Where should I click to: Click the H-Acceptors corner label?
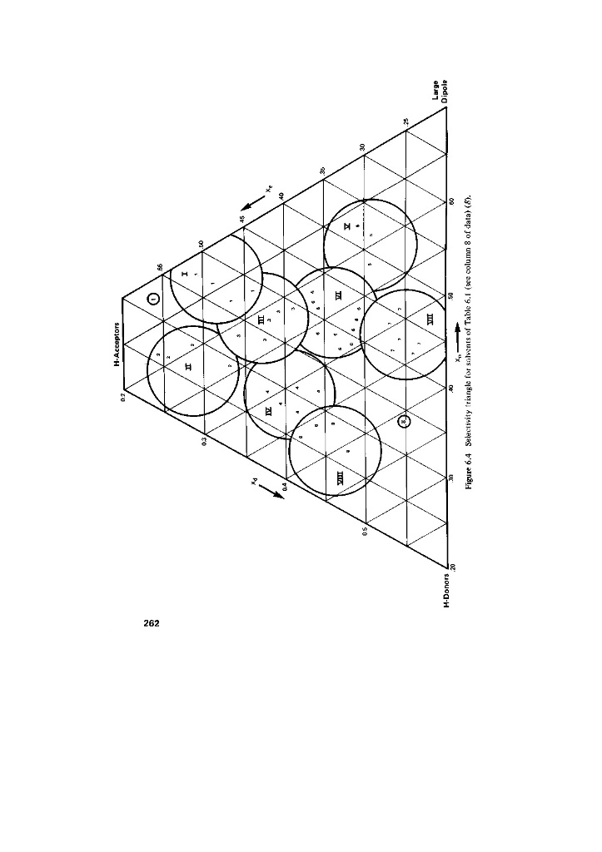[x=117, y=344]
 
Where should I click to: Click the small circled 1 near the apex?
[x=153, y=300]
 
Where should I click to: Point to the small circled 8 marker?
[x=404, y=422]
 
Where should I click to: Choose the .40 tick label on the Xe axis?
[x=282, y=196]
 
